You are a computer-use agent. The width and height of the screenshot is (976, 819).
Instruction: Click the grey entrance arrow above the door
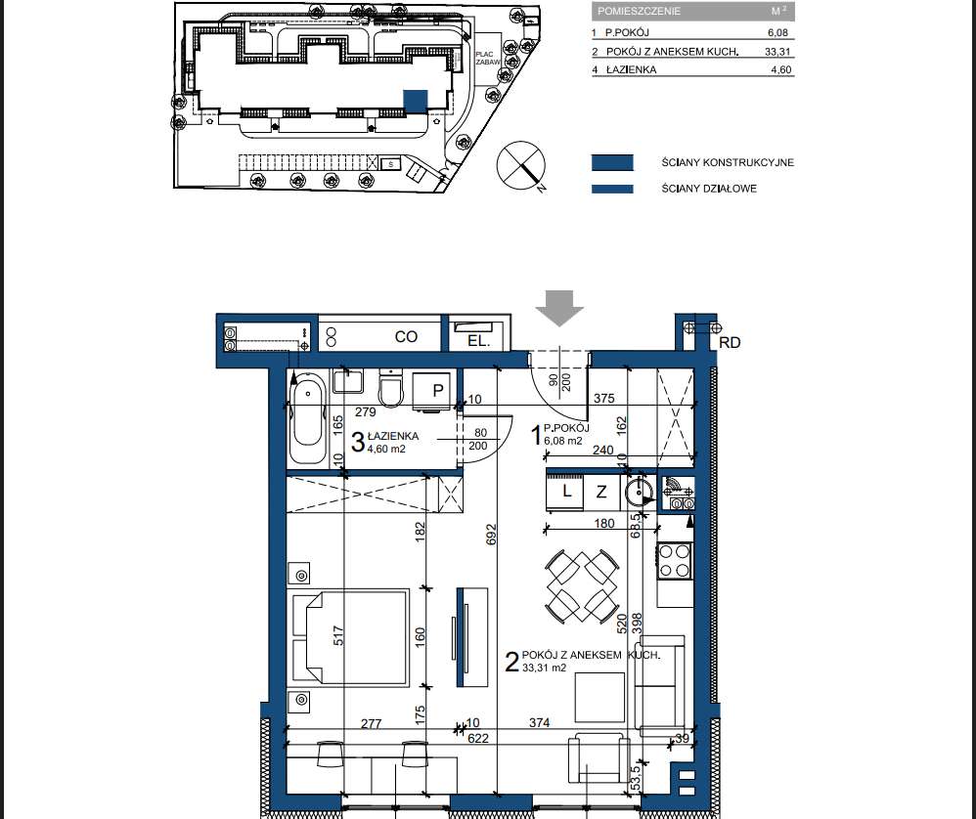click(559, 307)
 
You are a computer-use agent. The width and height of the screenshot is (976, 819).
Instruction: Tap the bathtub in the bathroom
click(307, 417)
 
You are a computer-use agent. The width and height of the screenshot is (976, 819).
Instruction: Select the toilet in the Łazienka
click(391, 389)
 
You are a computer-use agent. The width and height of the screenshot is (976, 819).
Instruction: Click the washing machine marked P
click(432, 391)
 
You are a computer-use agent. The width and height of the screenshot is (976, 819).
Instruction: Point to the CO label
click(406, 336)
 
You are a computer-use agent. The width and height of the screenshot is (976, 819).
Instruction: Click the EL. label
click(478, 341)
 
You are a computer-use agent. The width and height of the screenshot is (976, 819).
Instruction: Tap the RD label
click(730, 343)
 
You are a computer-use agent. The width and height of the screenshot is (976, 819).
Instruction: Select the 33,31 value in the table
click(777, 52)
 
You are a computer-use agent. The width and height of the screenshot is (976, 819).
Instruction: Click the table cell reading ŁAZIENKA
click(631, 69)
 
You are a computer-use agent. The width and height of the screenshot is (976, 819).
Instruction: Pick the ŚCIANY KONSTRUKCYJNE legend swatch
click(612, 162)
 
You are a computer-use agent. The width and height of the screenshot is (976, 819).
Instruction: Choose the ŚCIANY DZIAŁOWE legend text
click(709, 189)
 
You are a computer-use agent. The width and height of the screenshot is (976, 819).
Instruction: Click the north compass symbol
click(521, 166)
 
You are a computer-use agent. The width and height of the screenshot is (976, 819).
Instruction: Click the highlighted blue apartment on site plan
click(416, 102)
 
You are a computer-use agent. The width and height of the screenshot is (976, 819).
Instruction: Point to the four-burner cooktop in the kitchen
click(675, 561)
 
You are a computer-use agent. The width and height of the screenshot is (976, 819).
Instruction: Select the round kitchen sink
click(636, 491)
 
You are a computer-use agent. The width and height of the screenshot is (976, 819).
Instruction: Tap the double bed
click(348, 637)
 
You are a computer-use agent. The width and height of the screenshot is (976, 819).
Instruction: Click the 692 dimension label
click(491, 535)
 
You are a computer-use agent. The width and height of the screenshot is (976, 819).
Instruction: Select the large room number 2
click(511, 662)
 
